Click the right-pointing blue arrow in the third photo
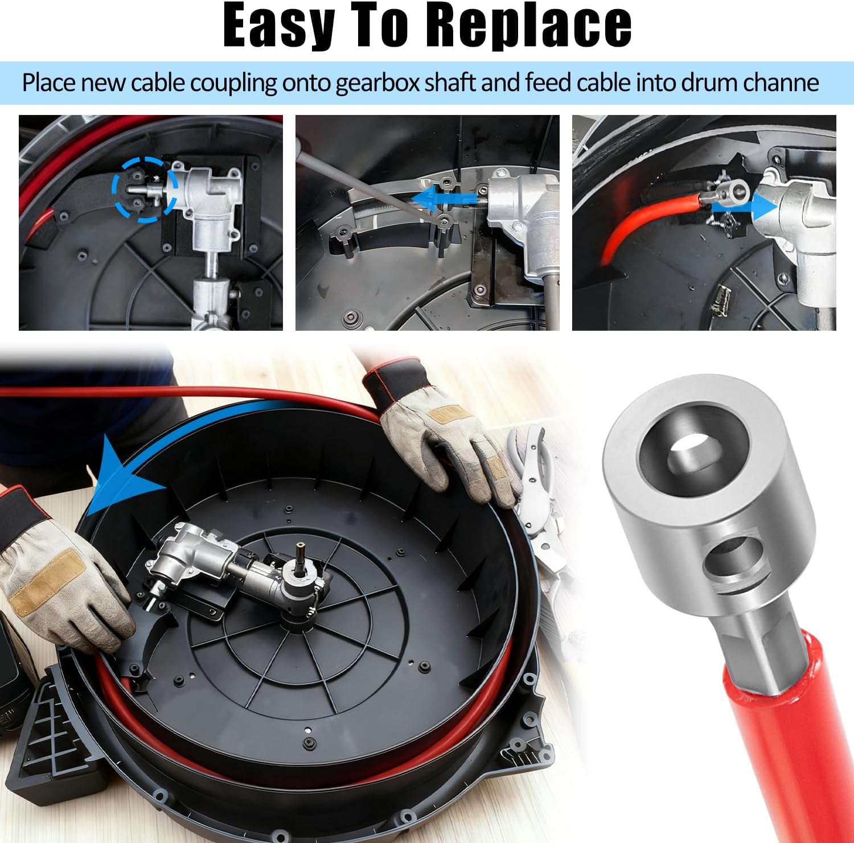tap(744, 208)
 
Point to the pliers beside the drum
tap(541, 501)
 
